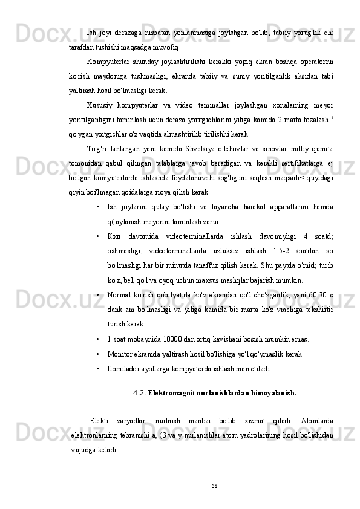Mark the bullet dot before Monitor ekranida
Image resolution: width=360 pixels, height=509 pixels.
click(x=97, y=354)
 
